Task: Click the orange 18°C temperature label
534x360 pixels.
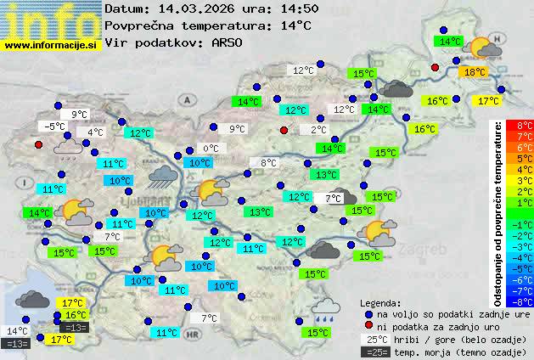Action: point(474,73)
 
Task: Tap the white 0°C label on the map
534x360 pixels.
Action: point(211,149)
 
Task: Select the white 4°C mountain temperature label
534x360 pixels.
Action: point(94,132)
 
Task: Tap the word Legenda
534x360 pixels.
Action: point(380,302)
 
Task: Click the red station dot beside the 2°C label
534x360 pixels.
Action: point(284,130)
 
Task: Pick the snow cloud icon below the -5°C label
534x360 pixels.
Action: point(68,148)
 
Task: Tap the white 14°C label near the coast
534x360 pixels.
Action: point(17,331)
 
